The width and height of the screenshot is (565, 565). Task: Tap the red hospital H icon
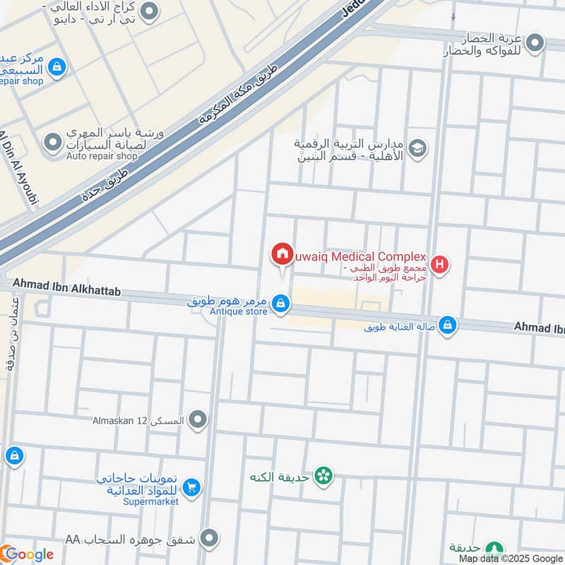(x=441, y=266)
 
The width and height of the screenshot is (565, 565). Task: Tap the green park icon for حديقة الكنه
(x=324, y=477)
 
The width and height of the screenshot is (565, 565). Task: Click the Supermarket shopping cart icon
(x=191, y=487)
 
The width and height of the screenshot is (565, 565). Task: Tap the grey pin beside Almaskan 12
(x=198, y=421)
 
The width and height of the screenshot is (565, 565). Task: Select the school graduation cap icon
(x=418, y=149)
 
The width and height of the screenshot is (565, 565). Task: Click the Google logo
(x=28, y=554)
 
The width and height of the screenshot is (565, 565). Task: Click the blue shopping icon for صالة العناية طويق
(x=446, y=326)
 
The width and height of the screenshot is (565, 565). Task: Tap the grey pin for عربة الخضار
(x=535, y=44)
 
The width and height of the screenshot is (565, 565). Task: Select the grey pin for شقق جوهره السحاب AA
(x=208, y=539)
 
